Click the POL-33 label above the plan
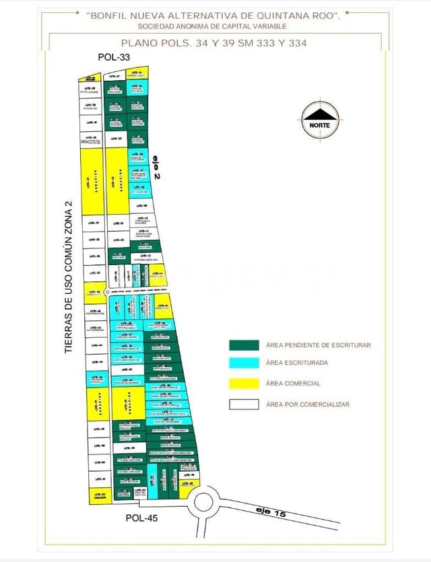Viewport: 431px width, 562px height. pyautogui.click(x=114, y=57)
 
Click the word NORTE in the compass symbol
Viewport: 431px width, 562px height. pyautogui.click(x=320, y=125)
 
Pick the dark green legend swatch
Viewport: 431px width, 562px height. pyautogui.click(x=244, y=345)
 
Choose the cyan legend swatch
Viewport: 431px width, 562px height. pyautogui.click(x=244, y=363)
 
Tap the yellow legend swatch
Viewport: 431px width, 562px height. pyautogui.click(x=244, y=384)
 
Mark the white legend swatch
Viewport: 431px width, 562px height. pyautogui.click(x=244, y=405)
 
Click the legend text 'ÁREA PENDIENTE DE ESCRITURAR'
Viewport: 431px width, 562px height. pyautogui.click(x=319, y=345)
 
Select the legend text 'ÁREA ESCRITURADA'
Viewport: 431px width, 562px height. pyautogui.click(x=297, y=363)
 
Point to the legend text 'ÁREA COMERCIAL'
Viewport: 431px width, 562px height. pyautogui.click(x=293, y=384)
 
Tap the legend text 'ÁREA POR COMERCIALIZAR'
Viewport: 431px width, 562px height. pyautogui.click(x=308, y=405)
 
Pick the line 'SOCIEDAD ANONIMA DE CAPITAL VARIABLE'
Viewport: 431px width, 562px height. pyautogui.click(x=212, y=26)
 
